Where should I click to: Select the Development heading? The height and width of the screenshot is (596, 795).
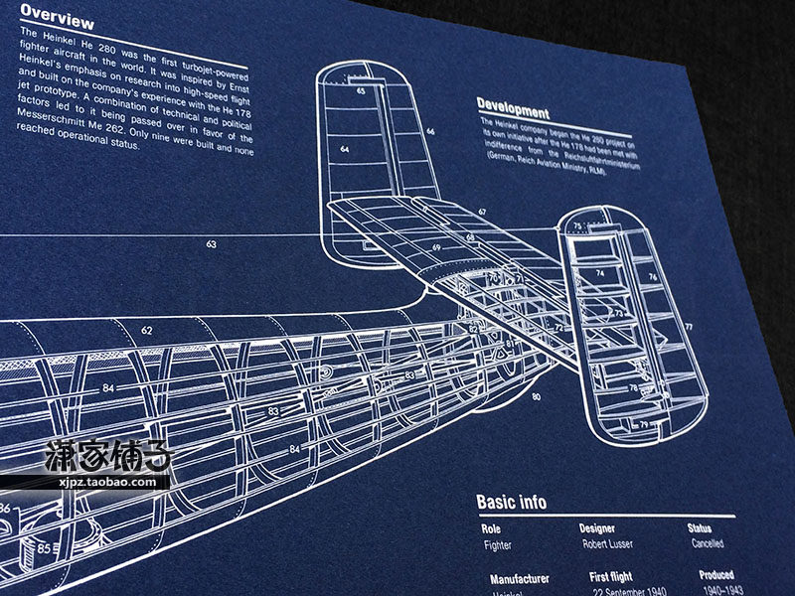click(x=513, y=105)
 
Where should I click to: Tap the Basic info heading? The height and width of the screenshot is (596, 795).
click(x=511, y=502)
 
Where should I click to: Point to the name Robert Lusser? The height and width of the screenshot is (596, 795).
click(x=609, y=544)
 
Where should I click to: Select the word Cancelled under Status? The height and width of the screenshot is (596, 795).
click(x=706, y=544)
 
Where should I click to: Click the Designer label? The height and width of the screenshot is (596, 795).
click(x=597, y=528)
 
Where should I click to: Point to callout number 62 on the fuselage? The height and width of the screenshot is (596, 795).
click(x=147, y=330)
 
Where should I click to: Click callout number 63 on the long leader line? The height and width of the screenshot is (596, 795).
click(x=211, y=243)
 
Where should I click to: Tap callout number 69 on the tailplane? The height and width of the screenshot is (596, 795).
click(x=436, y=246)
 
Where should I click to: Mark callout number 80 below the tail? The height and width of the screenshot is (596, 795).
click(x=536, y=397)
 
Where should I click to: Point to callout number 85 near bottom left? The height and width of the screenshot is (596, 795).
click(x=45, y=547)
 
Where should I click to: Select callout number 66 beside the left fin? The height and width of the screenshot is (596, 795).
click(x=430, y=130)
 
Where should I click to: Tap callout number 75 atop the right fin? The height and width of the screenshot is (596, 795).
click(x=577, y=227)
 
